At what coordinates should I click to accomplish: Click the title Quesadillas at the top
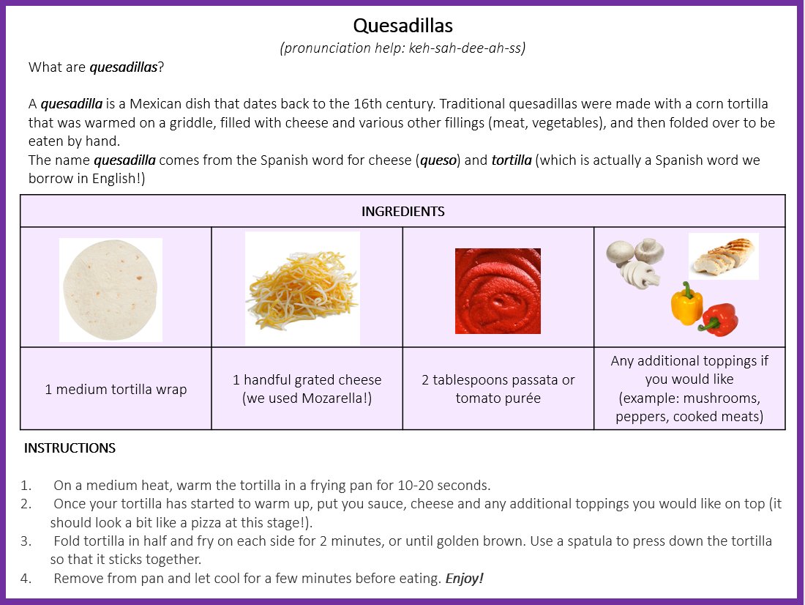click(x=402, y=26)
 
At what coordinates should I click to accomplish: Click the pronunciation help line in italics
click(x=402, y=48)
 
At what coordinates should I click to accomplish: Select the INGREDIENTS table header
click(x=402, y=212)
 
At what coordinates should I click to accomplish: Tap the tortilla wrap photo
click(x=111, y=290)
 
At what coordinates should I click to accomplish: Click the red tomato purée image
click(x=498, y=291)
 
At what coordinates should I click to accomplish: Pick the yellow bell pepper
click(x=686, y=303)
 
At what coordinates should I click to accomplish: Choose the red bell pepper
click(x=720, y=320)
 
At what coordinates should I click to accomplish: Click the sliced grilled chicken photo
click(x=723, y=256)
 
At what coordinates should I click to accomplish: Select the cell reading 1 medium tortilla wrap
click(x=116, y=389)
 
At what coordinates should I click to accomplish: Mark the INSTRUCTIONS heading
click(x=70, y=448)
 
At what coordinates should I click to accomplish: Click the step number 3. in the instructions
click(x=26, y=541)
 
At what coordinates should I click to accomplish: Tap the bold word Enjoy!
click(x=465, y=579)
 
